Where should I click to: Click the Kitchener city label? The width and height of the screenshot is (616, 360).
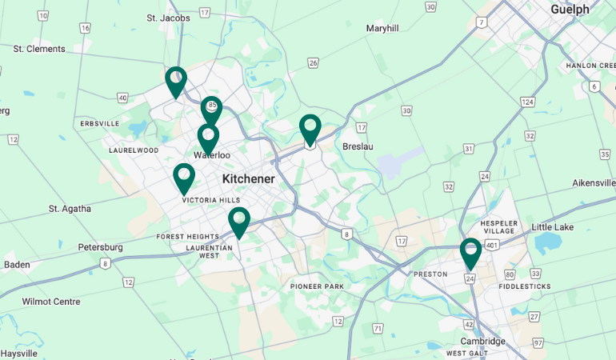point(248,178)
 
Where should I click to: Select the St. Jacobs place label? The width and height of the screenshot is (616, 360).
point(168,18)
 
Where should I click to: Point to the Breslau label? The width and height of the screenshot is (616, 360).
point(358,146)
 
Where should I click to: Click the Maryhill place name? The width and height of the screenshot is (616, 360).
point(382,28)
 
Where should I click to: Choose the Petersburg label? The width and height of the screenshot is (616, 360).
point(100,247)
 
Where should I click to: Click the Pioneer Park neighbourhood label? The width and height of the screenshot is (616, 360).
point(317,286)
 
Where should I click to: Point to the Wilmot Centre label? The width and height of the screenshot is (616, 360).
point(51,302)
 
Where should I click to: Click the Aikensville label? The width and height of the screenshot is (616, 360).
point(594,183)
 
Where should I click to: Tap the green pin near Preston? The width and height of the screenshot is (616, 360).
point(470,253)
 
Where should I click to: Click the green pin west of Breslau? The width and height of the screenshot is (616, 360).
point(310,130)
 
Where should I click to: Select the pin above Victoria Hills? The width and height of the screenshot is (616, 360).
point(184,178)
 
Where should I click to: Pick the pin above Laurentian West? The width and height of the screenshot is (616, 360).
point(238,222)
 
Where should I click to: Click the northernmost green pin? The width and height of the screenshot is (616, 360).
point(176,82)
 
